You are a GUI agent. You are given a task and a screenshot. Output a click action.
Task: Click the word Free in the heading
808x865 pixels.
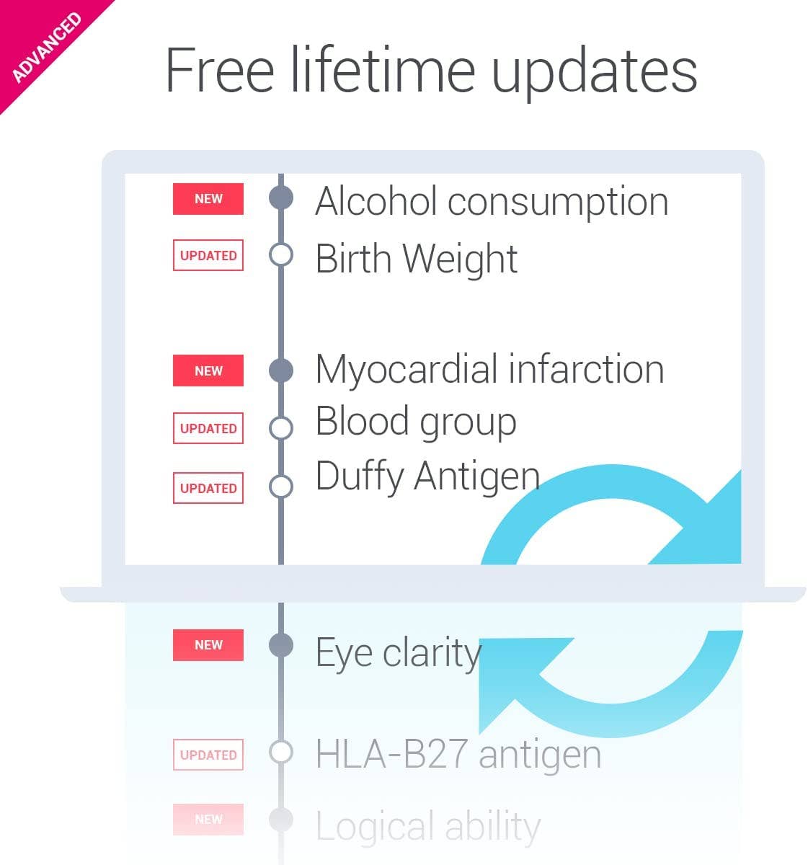pyautogui.click(x=220, y=70)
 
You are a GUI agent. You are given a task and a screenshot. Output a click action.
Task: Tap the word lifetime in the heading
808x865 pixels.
pyautogui.click(x=383, y=70)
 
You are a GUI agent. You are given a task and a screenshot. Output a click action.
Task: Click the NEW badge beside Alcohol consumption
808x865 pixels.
pyautogui.click(x=208, y=199)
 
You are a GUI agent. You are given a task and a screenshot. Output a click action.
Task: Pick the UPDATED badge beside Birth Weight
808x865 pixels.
pyautogui.click(x=208, y=255)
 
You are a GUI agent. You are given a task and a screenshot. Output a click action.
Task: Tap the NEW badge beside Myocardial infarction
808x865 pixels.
pyautogui.click(x=208, y=371)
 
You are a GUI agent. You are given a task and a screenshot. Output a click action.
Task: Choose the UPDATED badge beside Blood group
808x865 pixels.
pyautogui.click(x=208, y=428)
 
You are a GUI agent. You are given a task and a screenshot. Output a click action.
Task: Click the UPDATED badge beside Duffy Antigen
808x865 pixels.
pyautogui.click(x=208, y=488)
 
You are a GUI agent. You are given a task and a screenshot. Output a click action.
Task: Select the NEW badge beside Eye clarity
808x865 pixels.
pyautogui.click(x=208, y=645)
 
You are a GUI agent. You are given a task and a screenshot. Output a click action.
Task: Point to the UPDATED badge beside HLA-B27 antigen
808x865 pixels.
pyautogui.click(x=208, y=755)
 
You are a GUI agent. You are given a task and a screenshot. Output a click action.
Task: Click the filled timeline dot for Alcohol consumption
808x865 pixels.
pyautogui.click(x=281, y=198)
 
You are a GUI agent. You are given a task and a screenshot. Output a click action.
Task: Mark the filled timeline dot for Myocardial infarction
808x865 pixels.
pyautogui.click(x=281, y=371)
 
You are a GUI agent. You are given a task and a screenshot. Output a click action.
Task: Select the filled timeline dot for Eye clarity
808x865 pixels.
pyautogui.click(x=281, y=645)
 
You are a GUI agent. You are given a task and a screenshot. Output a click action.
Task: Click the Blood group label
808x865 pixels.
pyautogui.click(x=416, y=422)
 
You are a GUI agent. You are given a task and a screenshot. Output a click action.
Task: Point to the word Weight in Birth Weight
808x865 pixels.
pyautogui.click(x=461, y=260)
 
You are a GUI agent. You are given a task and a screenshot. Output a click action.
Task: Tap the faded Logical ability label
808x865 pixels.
pyautogui.click(x=428, y=827)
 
